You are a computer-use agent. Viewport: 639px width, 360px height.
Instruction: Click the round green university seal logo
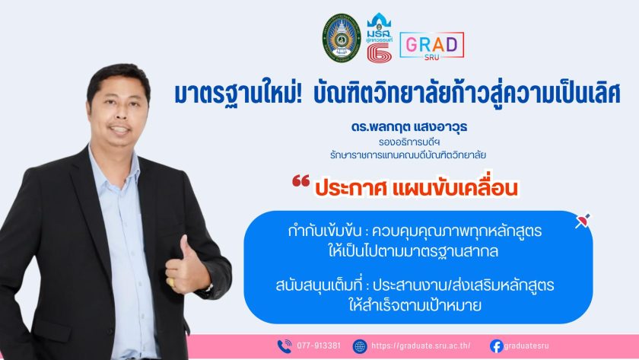[x=342, y=38]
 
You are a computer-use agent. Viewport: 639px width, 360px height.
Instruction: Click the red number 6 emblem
[x=379, y=53]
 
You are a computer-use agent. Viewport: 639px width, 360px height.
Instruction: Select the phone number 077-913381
[x=318, y=346]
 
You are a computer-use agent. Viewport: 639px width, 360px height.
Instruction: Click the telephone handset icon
[x=285, y=346]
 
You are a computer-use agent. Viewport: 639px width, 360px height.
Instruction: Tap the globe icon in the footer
[x=359, y=346]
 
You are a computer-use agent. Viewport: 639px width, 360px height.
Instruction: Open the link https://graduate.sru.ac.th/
[x=421, y=346]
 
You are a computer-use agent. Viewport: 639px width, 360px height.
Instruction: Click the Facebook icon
[x=496, y=346]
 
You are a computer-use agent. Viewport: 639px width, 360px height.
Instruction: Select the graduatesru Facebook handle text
[x=526, y=346]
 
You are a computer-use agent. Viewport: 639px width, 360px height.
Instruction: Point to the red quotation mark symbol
[x=300, y=180]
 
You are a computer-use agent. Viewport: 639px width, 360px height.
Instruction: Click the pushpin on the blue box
[x=583, y=221]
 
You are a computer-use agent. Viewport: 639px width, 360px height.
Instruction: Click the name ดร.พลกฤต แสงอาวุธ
[x=409, y=127]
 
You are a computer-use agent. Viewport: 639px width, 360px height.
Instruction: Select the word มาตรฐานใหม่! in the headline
[x=237, y=94]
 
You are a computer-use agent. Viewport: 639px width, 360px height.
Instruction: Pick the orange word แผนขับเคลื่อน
[x=454, y=188]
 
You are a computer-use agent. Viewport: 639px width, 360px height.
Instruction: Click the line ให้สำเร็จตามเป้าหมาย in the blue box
[x=415, y=305]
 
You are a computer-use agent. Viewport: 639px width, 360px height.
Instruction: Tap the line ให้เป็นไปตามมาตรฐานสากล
[x=413, y=250]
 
